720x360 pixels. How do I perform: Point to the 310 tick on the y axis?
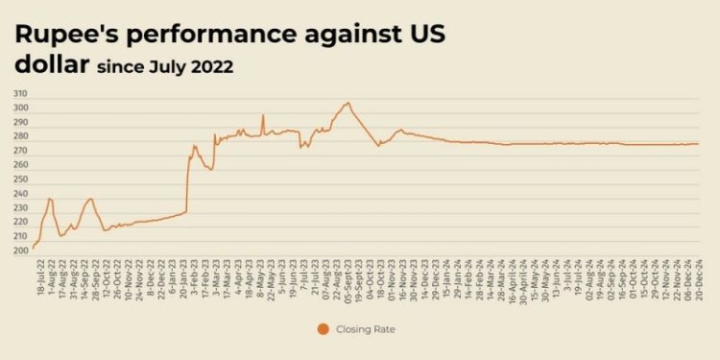tap(20, 94)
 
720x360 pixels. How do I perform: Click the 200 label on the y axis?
tap(20, 251)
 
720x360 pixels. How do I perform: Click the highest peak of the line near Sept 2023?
tap(348, 103)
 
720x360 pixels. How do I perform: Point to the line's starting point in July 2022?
tap(33, 248)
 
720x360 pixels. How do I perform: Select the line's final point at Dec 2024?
tap(698, 144)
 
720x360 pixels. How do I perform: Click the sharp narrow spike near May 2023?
tap(263, 115)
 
